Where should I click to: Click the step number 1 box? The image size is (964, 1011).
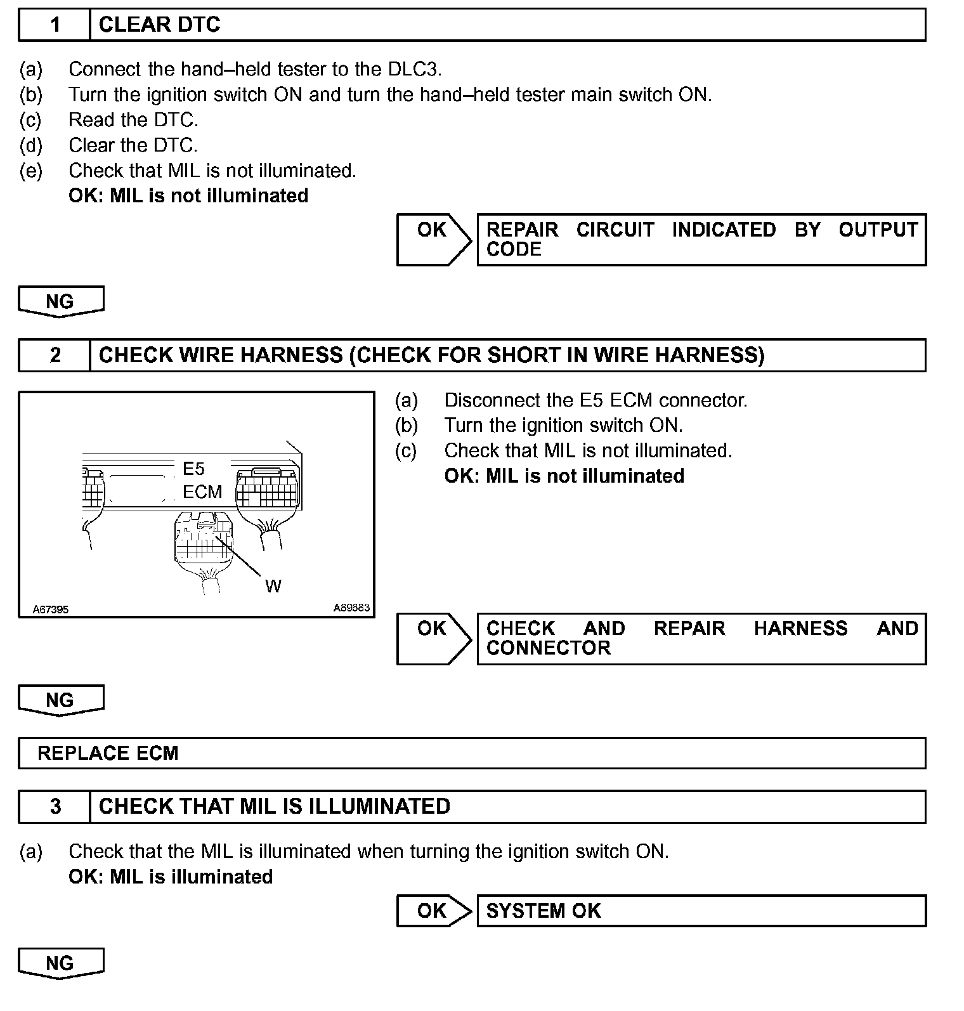[x=55, y=25]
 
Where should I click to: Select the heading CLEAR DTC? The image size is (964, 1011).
[x=159, y=25]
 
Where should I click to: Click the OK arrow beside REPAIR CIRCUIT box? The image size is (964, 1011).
[x=433, y=239]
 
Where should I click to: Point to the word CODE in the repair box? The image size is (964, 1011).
[x=514, y=249]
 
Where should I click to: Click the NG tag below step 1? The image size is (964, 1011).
[x=60, y=301]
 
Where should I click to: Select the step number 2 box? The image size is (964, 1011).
[x=55, y=355]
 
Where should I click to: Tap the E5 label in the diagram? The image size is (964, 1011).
[x=193, y=469]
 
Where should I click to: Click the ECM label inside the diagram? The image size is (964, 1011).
[x=202, y=492]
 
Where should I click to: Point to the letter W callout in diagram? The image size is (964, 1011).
[x=273, y=586]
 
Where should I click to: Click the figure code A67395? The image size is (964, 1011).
[x=51, y=610]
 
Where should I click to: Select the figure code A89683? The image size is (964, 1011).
[x=351, y=608]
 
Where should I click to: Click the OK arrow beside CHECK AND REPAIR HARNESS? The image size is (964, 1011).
[x=433, y=638]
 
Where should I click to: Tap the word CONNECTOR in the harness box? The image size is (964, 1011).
[x=548, y=648]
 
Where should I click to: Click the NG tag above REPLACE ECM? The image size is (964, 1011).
[x=60, y=700]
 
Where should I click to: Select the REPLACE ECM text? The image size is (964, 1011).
[x=108, y=753]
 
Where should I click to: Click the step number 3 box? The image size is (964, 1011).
[x=55, y=806]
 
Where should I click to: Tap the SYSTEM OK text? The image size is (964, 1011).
[x=543, y=911]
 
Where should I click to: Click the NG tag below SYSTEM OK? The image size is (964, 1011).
[x=60, y=963]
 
